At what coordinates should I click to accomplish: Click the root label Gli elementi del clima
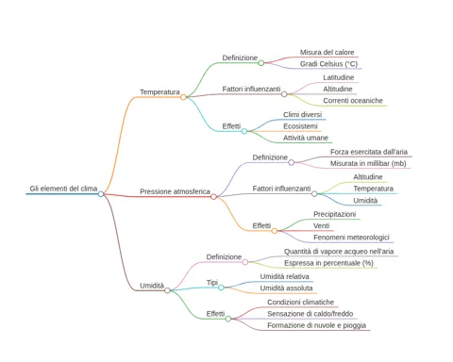[63, 189]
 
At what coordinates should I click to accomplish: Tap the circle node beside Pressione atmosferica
[213, 197]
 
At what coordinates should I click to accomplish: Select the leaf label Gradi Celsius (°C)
[328, 64]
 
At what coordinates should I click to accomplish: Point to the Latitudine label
[339, 77]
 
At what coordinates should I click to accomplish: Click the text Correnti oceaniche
[353, 101]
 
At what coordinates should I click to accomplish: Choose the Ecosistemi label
[300, 126]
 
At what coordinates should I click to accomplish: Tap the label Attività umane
[306, 138]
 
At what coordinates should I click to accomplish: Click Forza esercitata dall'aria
[369, 152]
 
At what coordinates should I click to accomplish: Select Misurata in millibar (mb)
[368, 163]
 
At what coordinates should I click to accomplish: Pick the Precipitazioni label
[335, 214]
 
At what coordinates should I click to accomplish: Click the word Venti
[322, 225]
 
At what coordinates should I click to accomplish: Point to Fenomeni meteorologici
[351, 238]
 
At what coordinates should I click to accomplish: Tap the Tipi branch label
[212, 283]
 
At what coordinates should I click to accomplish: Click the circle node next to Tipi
[221, 288]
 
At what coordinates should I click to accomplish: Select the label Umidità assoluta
[286, 288]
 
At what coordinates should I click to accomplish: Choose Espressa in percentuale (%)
[328, 263]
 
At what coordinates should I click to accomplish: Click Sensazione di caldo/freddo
[310, 314]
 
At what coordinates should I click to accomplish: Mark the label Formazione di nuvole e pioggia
[316, 325]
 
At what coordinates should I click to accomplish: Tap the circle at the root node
[101, 194]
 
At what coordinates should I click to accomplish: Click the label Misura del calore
[327, 52]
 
